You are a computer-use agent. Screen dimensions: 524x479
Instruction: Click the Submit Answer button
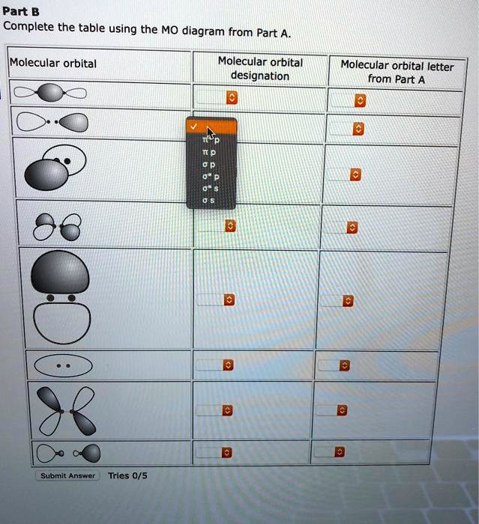click(67, 476)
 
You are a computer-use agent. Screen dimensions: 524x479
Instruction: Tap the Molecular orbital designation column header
click(260, 68)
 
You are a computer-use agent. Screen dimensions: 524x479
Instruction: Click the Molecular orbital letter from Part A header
click(397, 72)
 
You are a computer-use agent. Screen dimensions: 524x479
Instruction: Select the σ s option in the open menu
click(210, 201)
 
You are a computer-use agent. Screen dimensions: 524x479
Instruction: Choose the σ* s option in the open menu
click(210, 189)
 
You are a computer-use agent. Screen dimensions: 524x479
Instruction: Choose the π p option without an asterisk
click(210, 151)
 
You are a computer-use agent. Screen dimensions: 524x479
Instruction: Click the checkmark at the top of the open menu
click(194, 127)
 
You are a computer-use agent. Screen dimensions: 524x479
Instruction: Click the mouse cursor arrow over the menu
click(211, 132)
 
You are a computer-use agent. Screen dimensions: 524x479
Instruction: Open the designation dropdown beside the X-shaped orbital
click(227, 411)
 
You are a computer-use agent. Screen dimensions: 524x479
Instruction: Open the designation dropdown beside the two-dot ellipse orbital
click(227, 365)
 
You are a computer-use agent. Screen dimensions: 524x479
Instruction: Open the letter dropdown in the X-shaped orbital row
click(341, 411)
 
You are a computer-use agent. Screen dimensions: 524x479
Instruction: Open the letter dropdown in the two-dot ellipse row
click(343, 365)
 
